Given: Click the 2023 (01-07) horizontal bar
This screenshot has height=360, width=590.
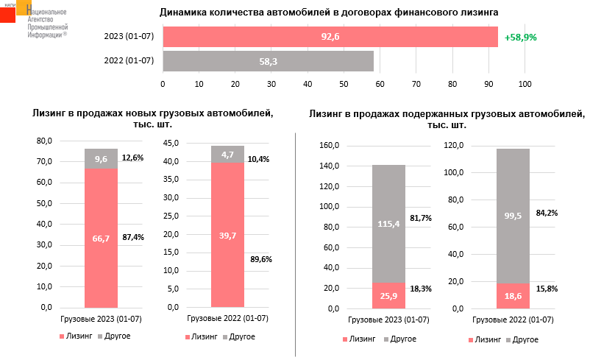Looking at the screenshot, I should point(330,37).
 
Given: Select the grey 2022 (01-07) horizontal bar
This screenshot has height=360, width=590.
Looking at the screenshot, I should point(268,61).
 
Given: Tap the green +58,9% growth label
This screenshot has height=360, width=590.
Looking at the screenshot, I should point(520,37).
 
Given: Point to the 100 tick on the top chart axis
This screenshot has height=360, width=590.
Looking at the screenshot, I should point(525,84).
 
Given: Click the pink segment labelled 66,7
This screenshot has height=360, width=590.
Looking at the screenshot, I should point(101,237).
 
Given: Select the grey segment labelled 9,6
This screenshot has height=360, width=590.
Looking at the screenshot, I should point(101,159).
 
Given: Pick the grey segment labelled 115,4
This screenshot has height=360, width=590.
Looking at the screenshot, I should point(388,224).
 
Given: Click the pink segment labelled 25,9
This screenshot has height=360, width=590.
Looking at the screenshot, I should point(388,294).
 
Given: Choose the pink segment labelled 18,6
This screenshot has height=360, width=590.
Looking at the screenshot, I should point(513,295).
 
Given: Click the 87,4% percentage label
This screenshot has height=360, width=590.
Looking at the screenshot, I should point(133,236).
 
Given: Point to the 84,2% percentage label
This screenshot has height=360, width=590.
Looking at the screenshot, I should point(547,213).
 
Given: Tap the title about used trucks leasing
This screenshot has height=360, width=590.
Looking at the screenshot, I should point(446,120).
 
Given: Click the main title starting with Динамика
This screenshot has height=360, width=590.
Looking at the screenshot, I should point(330,13).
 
